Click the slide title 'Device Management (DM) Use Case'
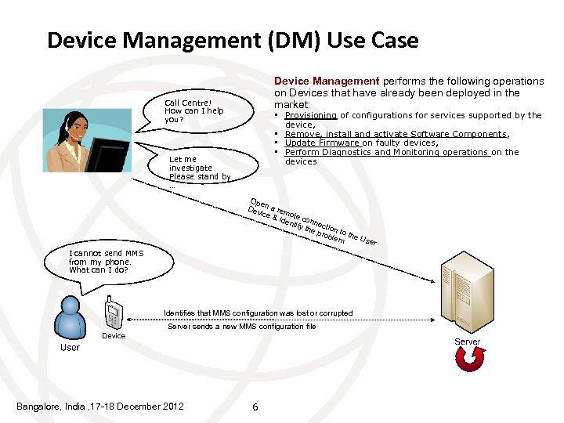[x=233, y=40]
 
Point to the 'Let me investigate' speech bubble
[x=199, y=168]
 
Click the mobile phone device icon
[x=114, y=313]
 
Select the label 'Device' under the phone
[x=114, y=336]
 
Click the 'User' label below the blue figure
[x=70, y=347]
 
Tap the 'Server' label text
[x=468, y=342]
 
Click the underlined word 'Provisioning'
[x=311, y=115]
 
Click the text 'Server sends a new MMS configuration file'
[x=242, y=327]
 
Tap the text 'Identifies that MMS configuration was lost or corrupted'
[x=258, y=313]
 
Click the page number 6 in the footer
[x=255, y=406]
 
